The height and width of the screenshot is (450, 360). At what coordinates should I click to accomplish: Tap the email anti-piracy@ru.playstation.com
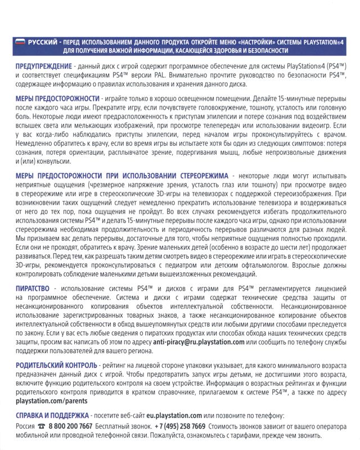click(199, 341)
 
